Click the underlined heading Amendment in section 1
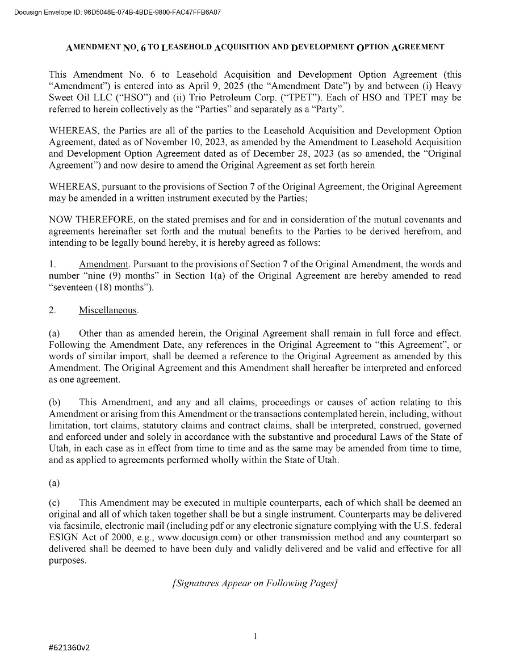point(104,264)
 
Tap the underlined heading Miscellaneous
point(108,310)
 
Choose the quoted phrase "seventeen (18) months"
point(101,287)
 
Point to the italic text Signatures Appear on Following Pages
point(255,583)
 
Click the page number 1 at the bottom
point(255,636)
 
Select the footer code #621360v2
point(70,648)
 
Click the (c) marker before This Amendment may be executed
point(55,503)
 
